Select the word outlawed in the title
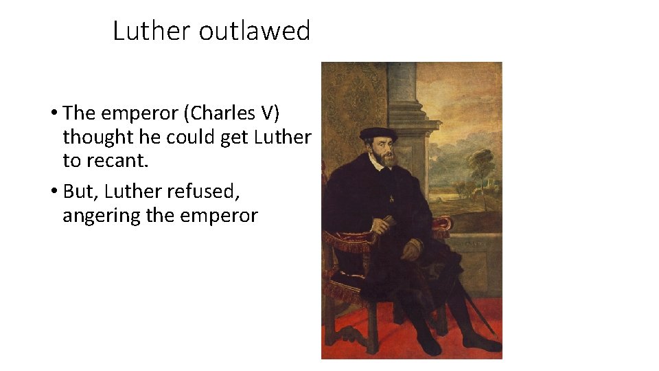(255, 31)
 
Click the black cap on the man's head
(378, 133)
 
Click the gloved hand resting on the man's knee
(412, 250)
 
